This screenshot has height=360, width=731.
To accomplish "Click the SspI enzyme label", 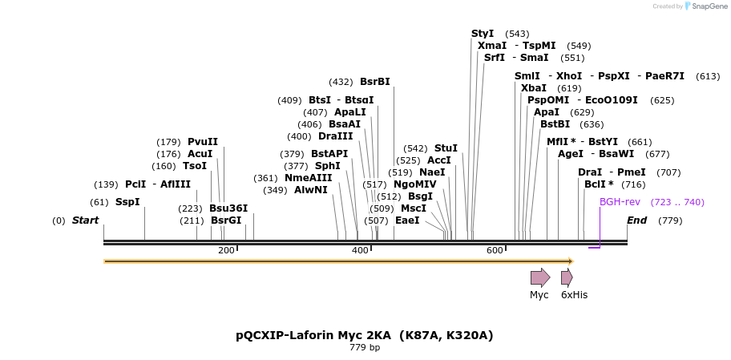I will tap(127, 202).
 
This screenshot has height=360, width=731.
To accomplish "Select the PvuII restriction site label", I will tap(202, 142).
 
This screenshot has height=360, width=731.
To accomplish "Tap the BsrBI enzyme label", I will tap(374, 82).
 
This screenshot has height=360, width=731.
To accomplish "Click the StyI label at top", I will tap(483, 34).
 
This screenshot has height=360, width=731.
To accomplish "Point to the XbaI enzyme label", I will tap(533, 88).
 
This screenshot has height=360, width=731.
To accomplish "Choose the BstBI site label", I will tap(555, 124).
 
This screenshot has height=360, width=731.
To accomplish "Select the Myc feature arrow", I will tap(540, 277).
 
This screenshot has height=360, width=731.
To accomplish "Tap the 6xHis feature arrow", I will tap(567, 277).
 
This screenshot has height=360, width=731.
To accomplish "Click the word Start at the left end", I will tap(85, 220).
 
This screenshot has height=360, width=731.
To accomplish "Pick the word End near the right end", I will tap(636, 220).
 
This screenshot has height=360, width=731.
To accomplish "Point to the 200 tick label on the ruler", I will tap(226, 251).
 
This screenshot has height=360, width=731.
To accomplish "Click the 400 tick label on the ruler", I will tap(360, 251).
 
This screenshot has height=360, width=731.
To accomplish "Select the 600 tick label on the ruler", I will tap(495, 251).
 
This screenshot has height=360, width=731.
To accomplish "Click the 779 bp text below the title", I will tap(365, 348).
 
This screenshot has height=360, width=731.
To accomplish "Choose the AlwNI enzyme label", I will tap(311, 190).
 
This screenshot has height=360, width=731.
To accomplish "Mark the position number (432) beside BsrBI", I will tap(341, 82).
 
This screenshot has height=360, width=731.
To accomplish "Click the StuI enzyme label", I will tap(446, 148).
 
